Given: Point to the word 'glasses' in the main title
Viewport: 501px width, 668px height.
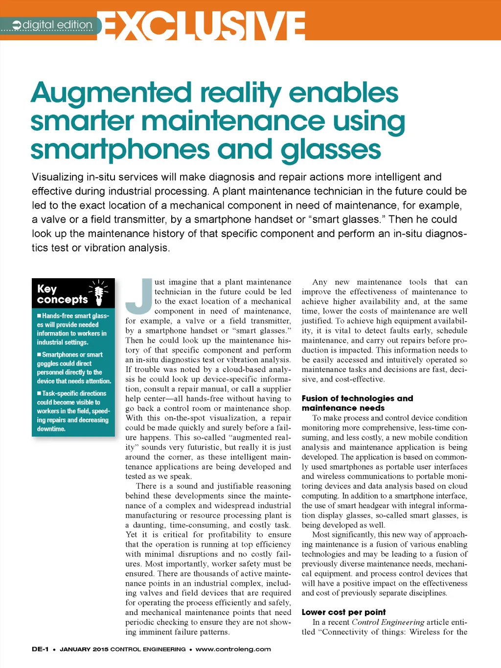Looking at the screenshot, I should (x=331, y=150).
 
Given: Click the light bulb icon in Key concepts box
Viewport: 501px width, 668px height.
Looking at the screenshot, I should (x=99, y=293).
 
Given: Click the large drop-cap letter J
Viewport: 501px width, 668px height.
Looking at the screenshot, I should (x=139, y=296).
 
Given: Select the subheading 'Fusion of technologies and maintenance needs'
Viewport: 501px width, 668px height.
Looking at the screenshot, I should (x=357, y=403).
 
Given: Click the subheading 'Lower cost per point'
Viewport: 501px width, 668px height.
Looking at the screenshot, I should (x=343, y=612).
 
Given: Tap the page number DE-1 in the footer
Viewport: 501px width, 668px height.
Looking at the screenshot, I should (x=40, y=649).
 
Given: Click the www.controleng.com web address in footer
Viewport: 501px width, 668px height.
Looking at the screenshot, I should (x=233, y=649).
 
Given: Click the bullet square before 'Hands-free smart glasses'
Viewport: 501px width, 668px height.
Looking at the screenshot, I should (x=39, y=316).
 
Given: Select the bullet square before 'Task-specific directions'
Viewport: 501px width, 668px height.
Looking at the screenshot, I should (x=39, y=393).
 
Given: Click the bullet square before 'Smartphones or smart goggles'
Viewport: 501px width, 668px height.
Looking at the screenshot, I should (x=39, y=355).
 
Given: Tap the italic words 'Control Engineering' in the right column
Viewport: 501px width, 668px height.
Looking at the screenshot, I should (x=387, y=622).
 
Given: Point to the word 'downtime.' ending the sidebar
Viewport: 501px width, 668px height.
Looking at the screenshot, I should (x=51, y=429).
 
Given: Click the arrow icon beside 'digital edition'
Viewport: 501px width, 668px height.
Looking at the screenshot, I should (x=17, y=25).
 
